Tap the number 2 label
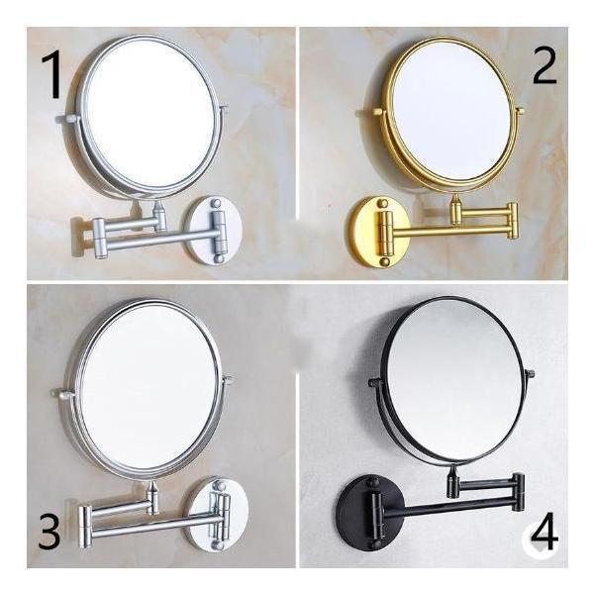point(544,66)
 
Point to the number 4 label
point(544,531)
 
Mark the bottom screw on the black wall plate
point(376,544)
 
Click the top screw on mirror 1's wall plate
point(215,203)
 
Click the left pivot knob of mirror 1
point(68,119)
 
